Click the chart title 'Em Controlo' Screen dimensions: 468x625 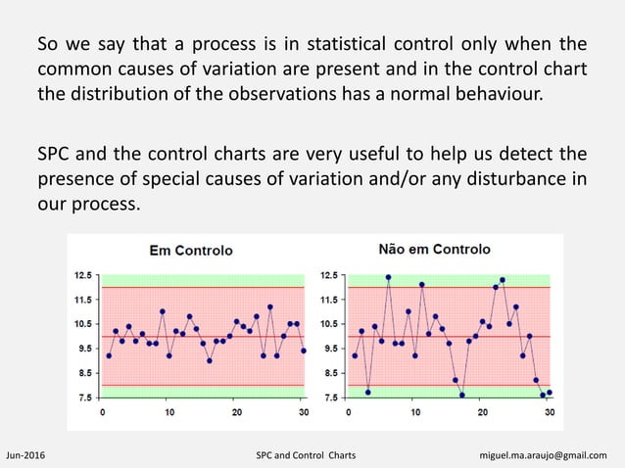pos(190,251)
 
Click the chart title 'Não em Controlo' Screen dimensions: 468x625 pos(435,250)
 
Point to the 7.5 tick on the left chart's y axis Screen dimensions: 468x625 pos(86,398)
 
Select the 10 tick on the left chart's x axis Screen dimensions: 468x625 pos(169,412)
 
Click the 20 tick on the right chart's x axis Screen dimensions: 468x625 pos(483,412)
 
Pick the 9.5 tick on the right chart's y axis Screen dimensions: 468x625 pos(330,349)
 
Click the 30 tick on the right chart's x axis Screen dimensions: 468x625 pos(549,412)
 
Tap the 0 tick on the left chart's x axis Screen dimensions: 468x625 pos(103,412)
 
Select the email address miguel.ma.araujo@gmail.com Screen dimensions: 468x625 pos(550,455)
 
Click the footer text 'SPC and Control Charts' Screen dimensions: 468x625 pos(306,455)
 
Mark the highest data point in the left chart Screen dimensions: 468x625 pos(269,307)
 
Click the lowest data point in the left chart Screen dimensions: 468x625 pos(210,360)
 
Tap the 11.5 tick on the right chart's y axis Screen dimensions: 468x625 pos(330,300)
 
